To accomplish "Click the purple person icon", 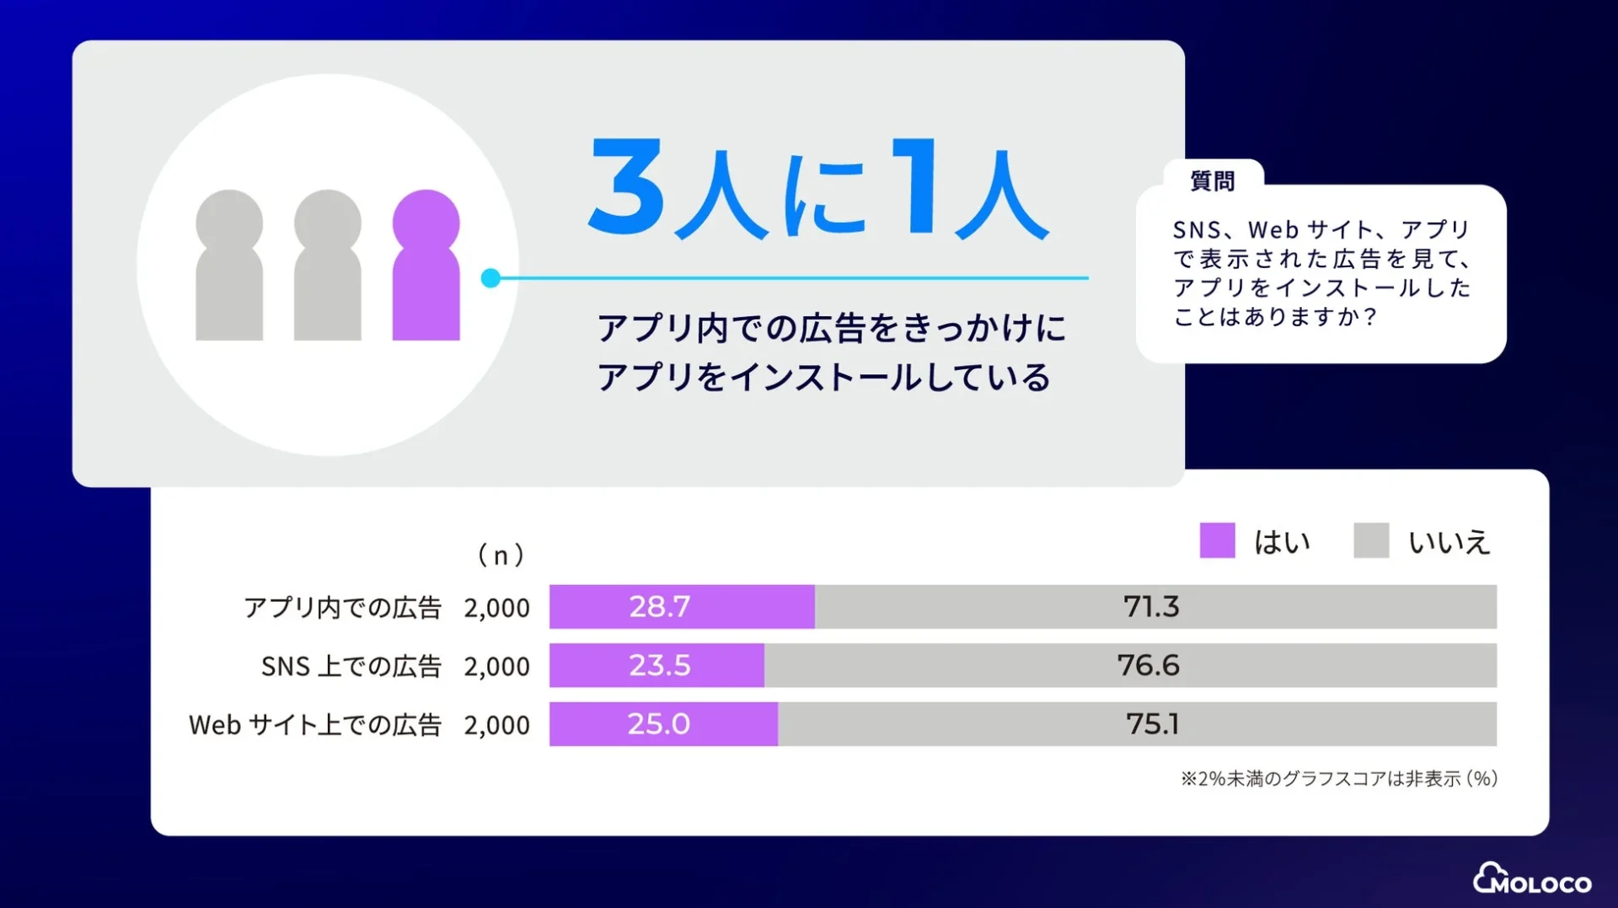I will pos(426,266).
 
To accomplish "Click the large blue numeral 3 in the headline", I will pos(627,187).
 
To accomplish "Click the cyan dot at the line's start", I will pos(490,278).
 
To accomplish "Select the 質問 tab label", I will pos(1212,181).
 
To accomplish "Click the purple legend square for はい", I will pos(1217,540).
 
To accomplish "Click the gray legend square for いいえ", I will pos(1370,540).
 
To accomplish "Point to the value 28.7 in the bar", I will pos(659,607).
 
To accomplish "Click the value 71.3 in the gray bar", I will pos(1150,607).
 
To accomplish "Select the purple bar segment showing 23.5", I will pos(657,665).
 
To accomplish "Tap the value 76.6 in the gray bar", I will pos(1148,665).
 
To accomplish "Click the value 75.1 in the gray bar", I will pos(1152,724).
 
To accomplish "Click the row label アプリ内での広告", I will pos(342,608).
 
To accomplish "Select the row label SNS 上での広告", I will pos(351,666).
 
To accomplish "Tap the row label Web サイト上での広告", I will pos(315,725).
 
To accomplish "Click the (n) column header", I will pos(501,555).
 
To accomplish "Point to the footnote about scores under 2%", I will pos(1338,778).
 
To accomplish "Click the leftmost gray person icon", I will pos(229,266).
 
